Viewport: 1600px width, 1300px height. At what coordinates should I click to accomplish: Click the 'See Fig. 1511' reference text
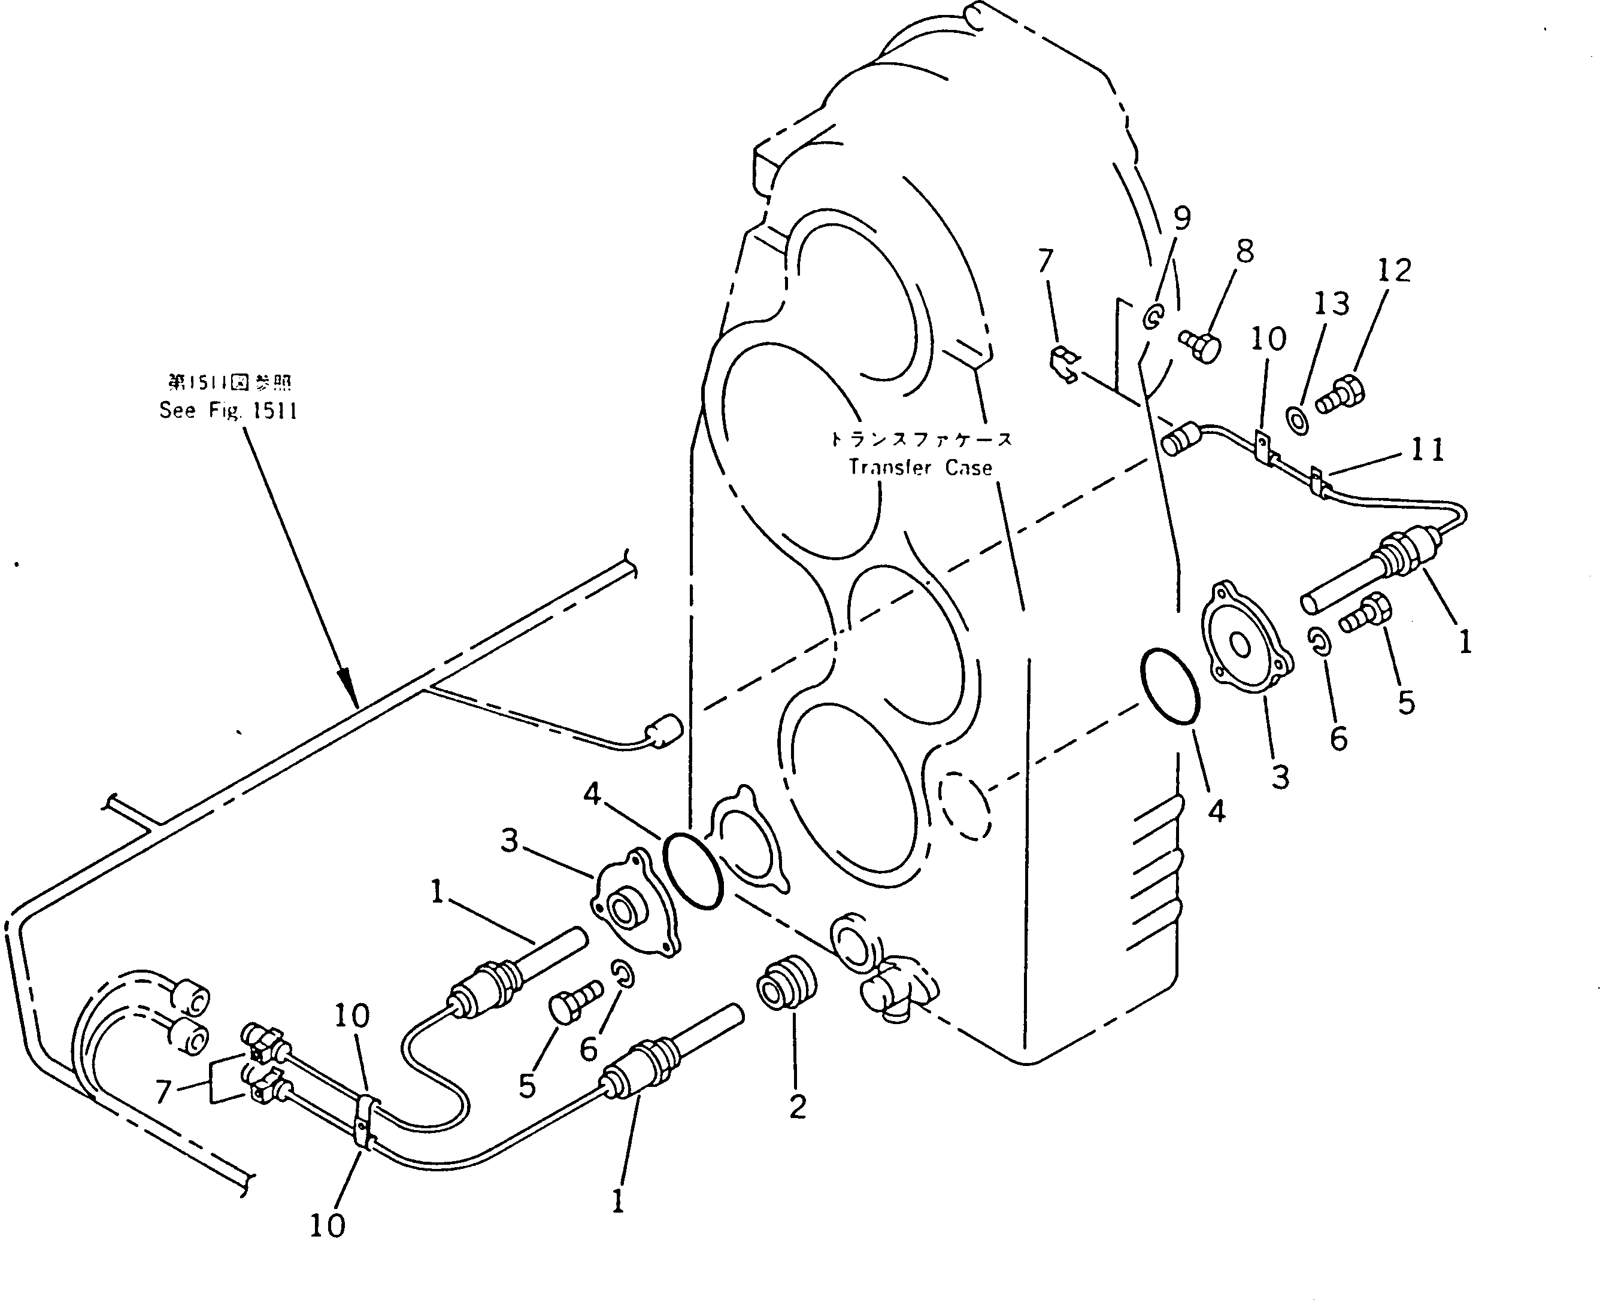229,411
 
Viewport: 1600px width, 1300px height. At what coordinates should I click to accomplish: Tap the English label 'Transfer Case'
920,467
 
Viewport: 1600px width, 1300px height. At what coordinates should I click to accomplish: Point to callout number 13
1331,303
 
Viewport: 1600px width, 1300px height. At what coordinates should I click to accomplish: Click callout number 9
1181,218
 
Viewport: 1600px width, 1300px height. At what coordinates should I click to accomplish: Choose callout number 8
1244,251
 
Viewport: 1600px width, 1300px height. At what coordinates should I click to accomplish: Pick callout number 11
1427,449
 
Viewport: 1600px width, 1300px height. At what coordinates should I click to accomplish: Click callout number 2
797,1106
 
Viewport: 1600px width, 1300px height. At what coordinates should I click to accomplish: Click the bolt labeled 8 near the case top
1201,347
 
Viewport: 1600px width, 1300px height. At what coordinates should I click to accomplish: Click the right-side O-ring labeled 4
1169,686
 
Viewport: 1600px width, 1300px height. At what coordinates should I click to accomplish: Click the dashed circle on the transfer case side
965,805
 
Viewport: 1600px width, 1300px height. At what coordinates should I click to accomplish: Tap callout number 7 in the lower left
164,1092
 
